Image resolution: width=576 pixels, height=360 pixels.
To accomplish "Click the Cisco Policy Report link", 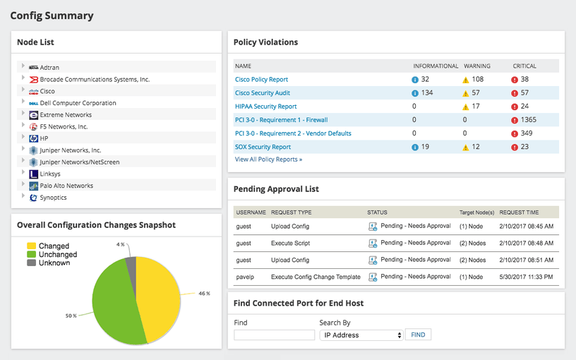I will click(261, 80).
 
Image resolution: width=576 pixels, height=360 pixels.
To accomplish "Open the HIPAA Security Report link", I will click(265, 107).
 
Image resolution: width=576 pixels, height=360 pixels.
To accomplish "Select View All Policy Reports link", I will click(268, 160).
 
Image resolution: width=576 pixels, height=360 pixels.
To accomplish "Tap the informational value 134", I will click(426, 93).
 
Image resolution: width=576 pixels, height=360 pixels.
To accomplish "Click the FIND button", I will click(418, 335).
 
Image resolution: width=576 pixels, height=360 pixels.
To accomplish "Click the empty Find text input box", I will click(274, 335).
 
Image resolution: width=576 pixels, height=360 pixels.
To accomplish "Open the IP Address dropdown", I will click(361, 335).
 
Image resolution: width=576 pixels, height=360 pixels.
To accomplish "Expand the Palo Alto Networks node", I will click(23, 186).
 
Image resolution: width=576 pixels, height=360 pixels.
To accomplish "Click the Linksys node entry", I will click(50, 174).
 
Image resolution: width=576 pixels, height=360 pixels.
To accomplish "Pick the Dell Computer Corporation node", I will click(78, 103).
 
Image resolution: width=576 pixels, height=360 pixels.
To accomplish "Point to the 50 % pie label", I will click(71, 316).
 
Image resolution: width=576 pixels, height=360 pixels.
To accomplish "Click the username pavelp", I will click(245, 277).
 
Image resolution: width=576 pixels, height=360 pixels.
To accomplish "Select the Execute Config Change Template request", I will click(316, 277).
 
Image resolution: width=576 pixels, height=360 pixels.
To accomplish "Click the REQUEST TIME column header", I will click(520, 212).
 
